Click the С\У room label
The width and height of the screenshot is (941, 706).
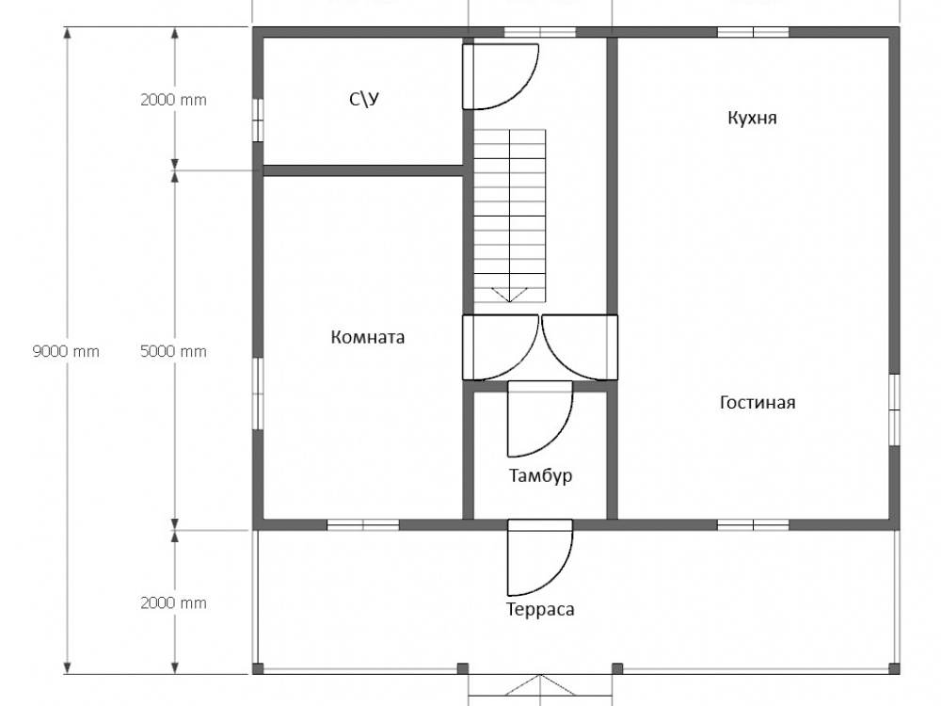(x=364, y=99)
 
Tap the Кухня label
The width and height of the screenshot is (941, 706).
(x=752, y=118)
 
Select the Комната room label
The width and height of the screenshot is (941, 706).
(x=368, y=337)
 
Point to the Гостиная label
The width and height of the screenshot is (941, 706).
(x=758, y=402)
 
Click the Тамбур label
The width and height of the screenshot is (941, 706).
(x=541, y=476)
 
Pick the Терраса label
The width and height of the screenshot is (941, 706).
(x=541, y=609)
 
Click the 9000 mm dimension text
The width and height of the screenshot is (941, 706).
(x=66, y=351)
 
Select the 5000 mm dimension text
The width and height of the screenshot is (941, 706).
(x=173, y=351)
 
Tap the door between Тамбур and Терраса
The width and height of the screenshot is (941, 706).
(x=540, y=557)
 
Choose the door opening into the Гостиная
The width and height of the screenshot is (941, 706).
(x=580, y=347)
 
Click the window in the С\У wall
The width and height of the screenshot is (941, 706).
(x=258, y=120)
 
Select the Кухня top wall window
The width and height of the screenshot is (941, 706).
(x=753, y=32)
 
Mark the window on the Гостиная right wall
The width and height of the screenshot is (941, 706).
(x=894, y=410)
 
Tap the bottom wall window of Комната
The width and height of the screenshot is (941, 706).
(x=363, y=524)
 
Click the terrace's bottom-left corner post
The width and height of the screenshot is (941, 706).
(x=258, y=668)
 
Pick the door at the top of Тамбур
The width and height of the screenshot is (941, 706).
(x=540, y=419)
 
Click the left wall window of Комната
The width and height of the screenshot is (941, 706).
(x=258, y=393)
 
